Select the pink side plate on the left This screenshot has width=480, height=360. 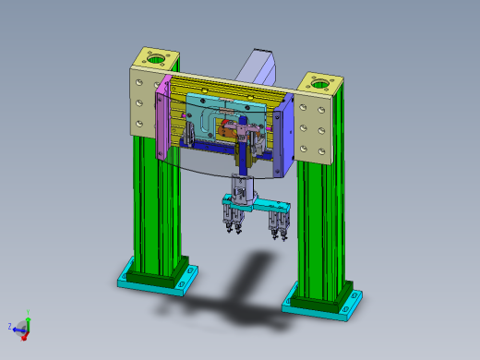coord(163,118)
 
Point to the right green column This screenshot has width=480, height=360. coord(318,231)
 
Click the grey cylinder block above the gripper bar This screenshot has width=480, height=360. coord(241,192)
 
